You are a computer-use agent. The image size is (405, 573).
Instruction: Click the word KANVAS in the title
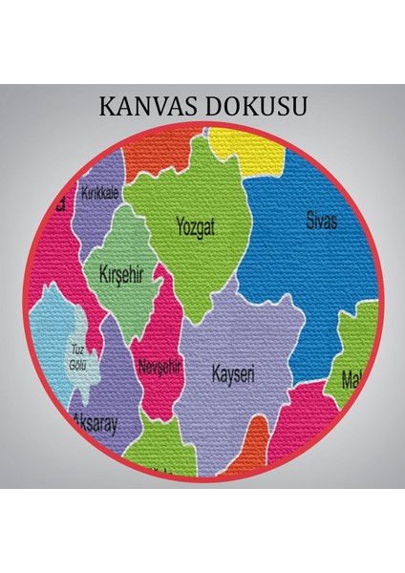pos(151,105)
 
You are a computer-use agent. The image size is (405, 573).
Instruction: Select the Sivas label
pos(322,222)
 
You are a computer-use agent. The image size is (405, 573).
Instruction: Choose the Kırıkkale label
pos(101,193)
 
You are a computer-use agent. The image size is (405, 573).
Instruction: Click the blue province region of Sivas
pos(296,267)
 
